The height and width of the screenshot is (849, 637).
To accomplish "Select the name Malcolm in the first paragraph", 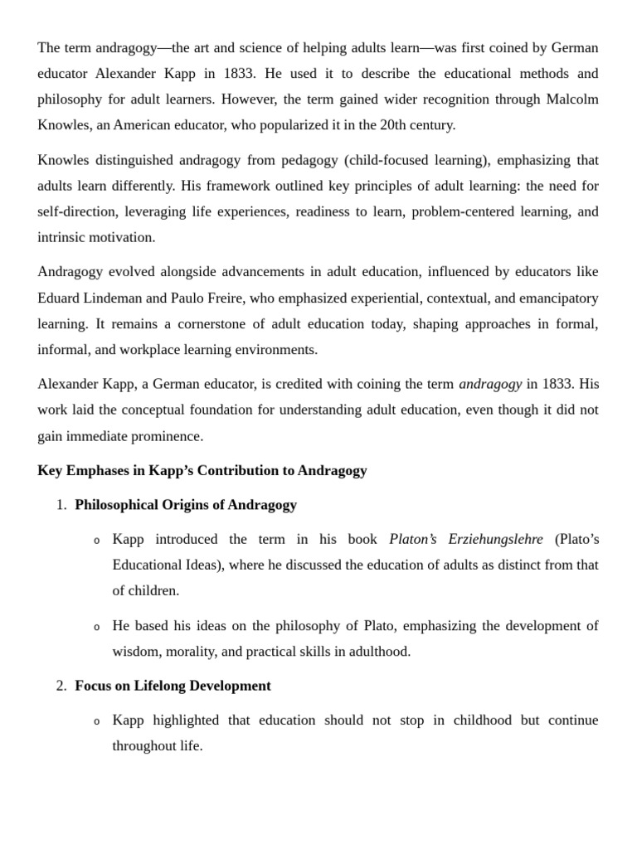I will tap(572, 99).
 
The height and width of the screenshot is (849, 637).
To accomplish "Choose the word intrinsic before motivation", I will tap(61, 237).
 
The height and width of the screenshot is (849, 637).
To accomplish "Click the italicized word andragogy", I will tap(490, 384).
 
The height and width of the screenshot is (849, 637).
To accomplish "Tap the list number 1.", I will tap(61, 504).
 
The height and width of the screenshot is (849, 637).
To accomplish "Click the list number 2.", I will tap(61, 686).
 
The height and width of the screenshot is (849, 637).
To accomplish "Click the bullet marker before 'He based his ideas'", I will tap(96, 626).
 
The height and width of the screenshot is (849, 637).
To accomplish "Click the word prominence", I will tap(167, 436).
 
